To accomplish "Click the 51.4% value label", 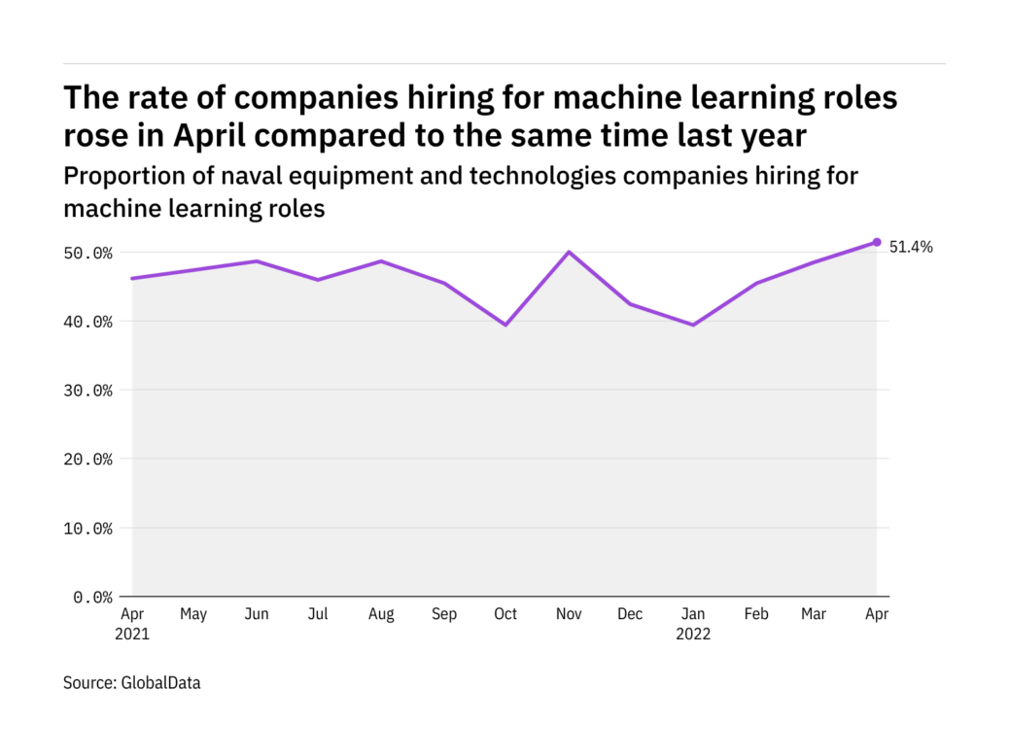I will tap(911, 247).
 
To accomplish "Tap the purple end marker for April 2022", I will tap(877, 242).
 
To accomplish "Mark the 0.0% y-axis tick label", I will tap(92, 597).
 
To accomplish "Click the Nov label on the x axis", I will tap(568, 614).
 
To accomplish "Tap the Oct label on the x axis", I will tap(505, 614).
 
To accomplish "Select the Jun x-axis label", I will tap(257, 614).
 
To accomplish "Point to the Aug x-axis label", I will tap(381, 614).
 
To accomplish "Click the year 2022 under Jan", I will tap(694, 635).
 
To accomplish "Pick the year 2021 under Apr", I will tap(133, 635).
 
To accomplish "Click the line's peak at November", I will tap(568, 253).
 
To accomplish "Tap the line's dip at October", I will tap(505, 325).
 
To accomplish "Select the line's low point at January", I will tap(692, 325).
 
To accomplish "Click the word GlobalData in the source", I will tap(160, 683).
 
